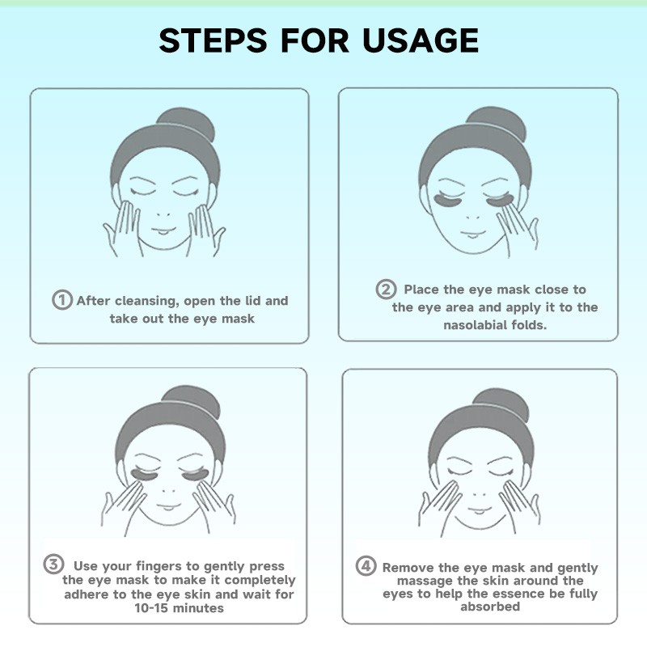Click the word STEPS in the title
[x=213, y=40]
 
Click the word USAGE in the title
[x=421, y=40]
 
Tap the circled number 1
[x=62, y=299]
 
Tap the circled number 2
[x=386, y=289]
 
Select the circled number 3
[x=53, y=564]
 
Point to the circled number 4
[x=366, y=565]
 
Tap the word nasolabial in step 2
[x=476, y=325]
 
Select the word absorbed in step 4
[x=490, y=607]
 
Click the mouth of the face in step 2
[x=473, y=234]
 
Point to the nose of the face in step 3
[x=169, y=491]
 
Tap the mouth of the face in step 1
[x=163, y=230]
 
